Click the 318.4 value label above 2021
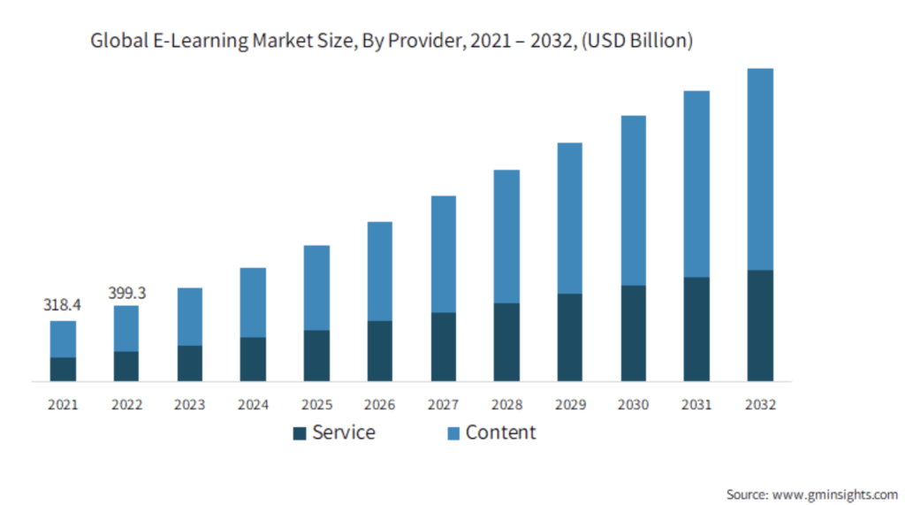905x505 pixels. [x=62, y=305]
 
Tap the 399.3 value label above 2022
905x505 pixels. [x=126, y=291]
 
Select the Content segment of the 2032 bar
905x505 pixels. [x=760, y=169]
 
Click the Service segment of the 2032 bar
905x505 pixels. [x=760, y=325]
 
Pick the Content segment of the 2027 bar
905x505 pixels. [x=444, y=254]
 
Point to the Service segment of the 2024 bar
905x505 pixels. [x=253, y=359]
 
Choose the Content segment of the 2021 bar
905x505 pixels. [x=63, y=339]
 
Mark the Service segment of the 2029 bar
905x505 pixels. [x=570, y=337]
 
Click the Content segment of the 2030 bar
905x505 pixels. [x=634, y=200]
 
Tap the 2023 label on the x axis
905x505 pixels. [x=189, y=405]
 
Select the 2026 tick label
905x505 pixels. [x=380, y=405]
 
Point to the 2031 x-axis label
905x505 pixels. [x=696, y=405]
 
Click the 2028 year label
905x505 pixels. [x=506, y=405]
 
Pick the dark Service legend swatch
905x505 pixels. [x=300, y=433]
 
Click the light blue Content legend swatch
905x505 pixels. [x=453, y=433]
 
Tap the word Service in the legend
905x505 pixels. [x=344, y=432]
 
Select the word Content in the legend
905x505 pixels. [x=500, y=432]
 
